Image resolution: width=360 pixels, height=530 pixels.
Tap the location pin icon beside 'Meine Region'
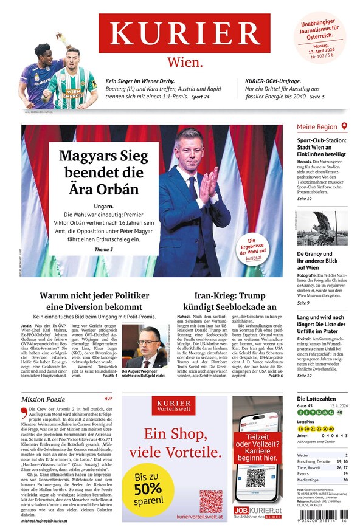344,126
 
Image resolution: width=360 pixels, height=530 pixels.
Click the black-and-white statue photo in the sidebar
322,227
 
